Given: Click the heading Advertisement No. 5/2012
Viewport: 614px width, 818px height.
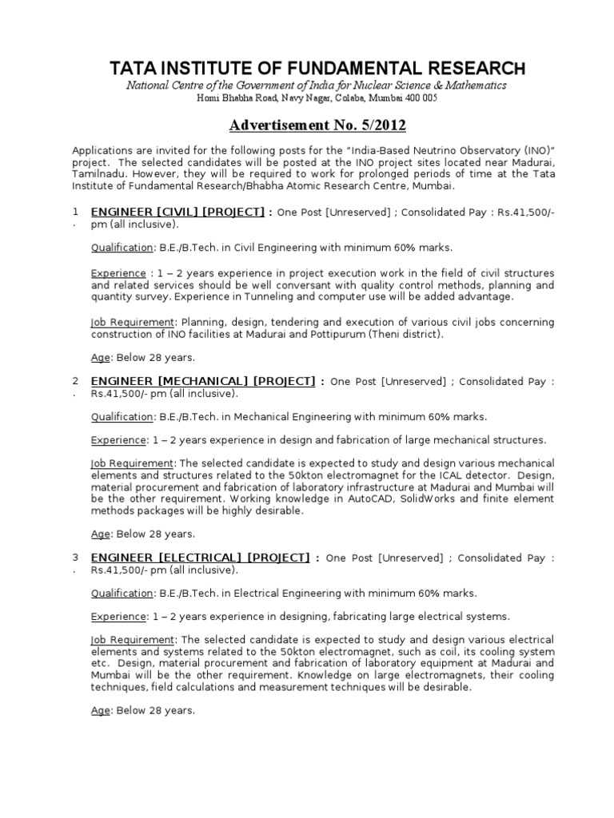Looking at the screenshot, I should [317, 125].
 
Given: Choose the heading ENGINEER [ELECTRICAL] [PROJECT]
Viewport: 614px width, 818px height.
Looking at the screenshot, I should [200, 558].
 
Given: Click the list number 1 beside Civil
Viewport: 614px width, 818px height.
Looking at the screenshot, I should [75, 212].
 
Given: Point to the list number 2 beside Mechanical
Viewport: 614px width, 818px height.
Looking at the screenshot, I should [75, 381].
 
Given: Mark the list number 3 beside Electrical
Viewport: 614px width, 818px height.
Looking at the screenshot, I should [75, 558].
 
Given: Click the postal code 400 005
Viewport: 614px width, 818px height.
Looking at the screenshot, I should [420, 98].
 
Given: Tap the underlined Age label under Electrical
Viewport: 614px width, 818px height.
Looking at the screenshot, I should [100, 710].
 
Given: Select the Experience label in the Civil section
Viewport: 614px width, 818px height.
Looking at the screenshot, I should [118, 273].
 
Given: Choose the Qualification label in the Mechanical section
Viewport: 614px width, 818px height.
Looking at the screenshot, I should [122, 416].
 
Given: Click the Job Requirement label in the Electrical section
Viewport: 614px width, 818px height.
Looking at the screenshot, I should [132, 640].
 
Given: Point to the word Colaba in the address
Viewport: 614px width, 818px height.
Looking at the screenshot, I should [349, 98].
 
